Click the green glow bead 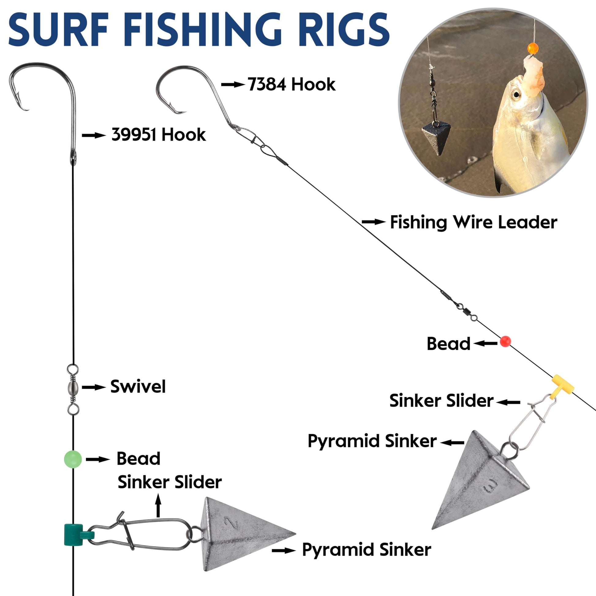(73, 459)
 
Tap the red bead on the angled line (505, 341)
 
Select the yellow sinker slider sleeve (562, 384)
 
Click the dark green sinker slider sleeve (74, 534)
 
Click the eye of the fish (515, 94)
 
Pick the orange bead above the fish (533, 48)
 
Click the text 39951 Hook (159, 135)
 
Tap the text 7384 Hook (292, 84)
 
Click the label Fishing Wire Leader (473, 222)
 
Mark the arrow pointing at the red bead (485, 343)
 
